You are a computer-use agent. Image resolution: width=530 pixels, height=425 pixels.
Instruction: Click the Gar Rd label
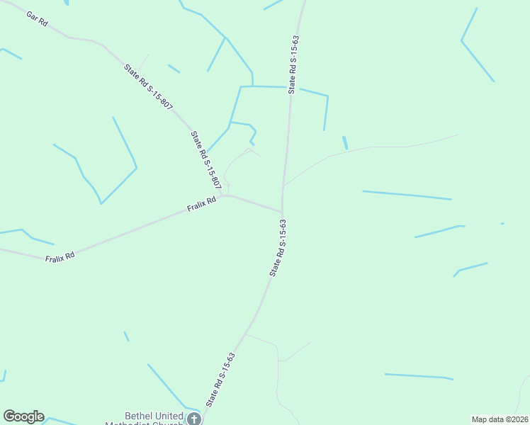point(37,19)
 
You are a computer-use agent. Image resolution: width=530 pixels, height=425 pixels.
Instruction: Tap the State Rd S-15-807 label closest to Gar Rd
point(148,86)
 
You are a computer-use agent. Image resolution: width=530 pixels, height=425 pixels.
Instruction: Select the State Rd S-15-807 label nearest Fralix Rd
point(206,160)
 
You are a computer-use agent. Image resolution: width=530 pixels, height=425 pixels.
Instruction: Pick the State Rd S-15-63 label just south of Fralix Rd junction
point(278,247)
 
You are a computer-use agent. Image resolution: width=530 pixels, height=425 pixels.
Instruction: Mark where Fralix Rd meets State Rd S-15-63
point(283,211)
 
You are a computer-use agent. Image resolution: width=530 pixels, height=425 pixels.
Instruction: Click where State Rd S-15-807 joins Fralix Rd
point(222,195)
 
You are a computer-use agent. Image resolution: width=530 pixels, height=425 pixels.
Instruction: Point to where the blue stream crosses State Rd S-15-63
point(290,87)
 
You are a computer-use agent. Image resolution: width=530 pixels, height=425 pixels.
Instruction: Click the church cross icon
point(193,419)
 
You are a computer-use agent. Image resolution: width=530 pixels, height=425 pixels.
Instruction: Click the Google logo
point(23,416)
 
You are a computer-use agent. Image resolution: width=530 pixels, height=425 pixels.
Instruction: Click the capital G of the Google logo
point(9,416)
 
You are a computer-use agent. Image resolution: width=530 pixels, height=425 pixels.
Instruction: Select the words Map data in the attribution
point(488,419)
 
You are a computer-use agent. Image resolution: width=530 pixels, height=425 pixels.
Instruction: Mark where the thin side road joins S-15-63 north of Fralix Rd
point(283,186)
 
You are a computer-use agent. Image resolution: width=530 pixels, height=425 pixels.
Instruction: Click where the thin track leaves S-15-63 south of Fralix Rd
point(247,334)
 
